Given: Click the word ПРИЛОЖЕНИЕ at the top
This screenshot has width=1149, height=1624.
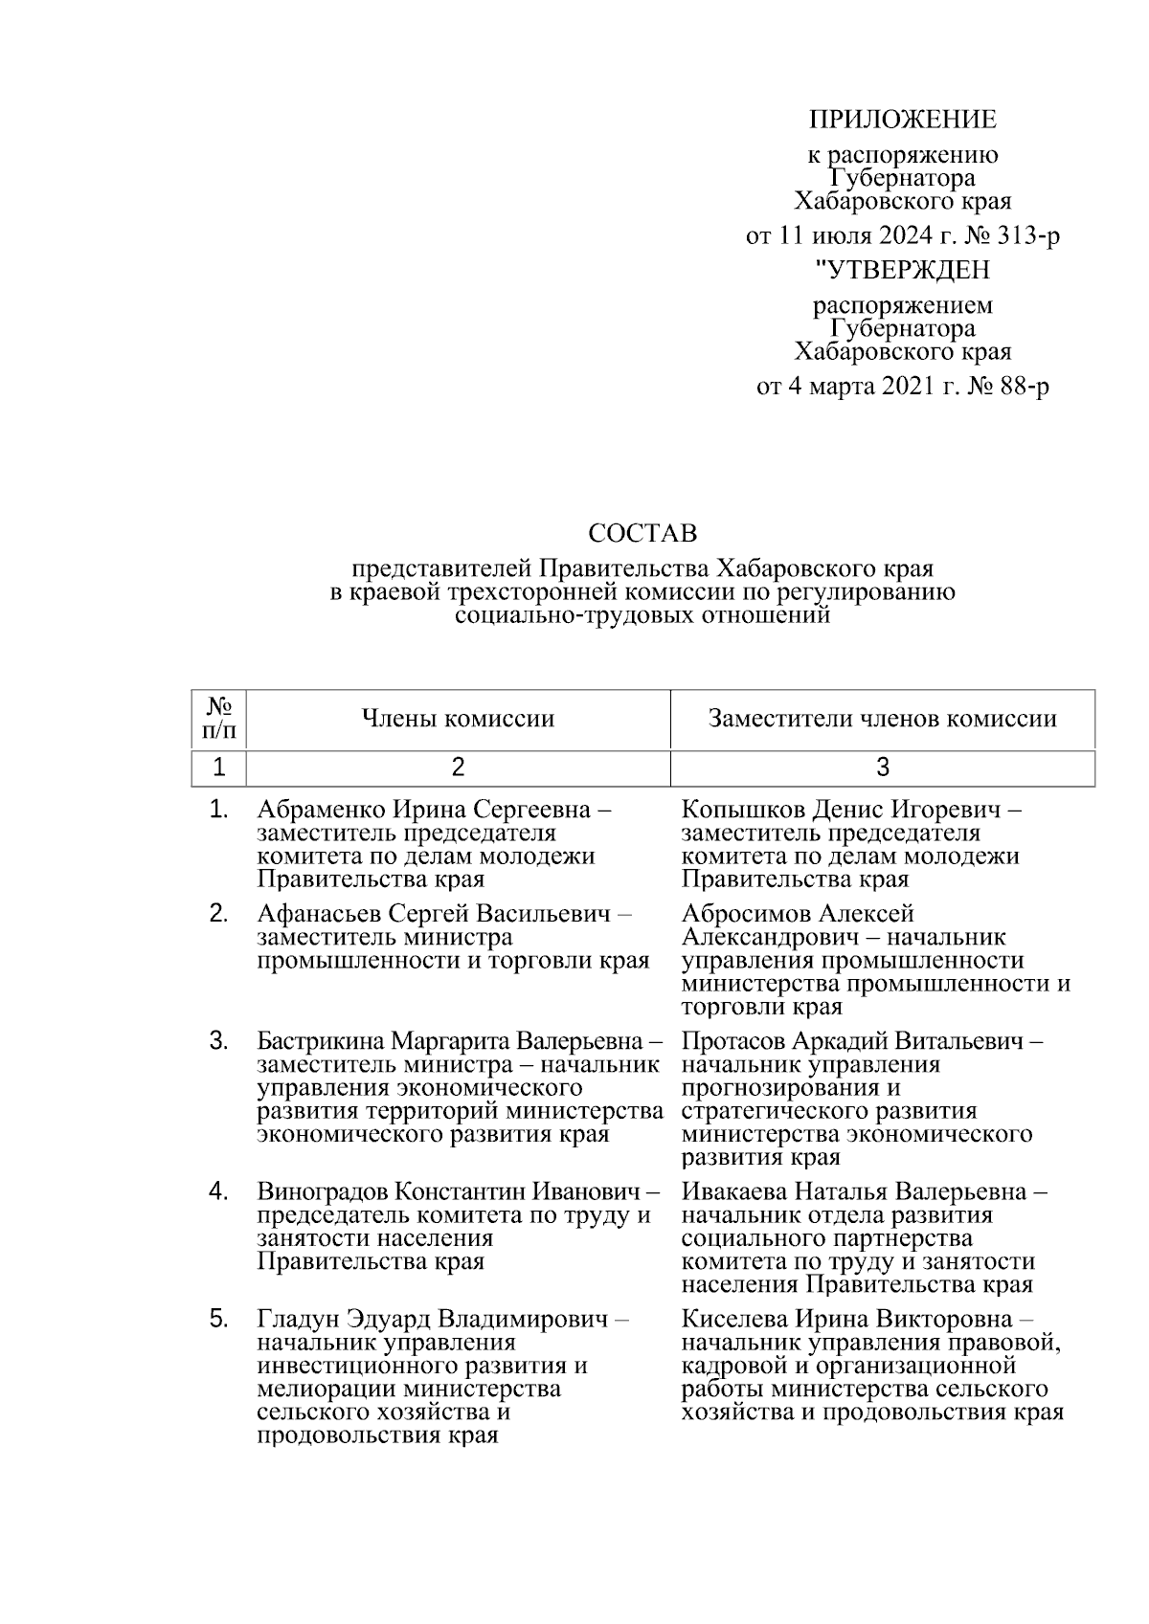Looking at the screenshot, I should tap(902, 120).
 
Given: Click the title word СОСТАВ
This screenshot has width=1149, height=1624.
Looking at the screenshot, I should tap(642, 532).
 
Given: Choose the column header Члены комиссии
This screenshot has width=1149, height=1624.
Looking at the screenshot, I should tap(458, 719).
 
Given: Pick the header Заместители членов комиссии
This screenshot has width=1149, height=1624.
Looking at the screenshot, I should tap(882, 719).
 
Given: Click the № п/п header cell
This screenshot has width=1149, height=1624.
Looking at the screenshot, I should tap(219, 719).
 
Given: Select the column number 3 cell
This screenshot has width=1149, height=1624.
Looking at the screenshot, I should tap(882, 768).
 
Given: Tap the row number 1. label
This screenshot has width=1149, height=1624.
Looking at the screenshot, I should tap(219, 810).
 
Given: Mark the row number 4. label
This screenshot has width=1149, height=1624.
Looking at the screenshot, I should tap(219, 1191).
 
